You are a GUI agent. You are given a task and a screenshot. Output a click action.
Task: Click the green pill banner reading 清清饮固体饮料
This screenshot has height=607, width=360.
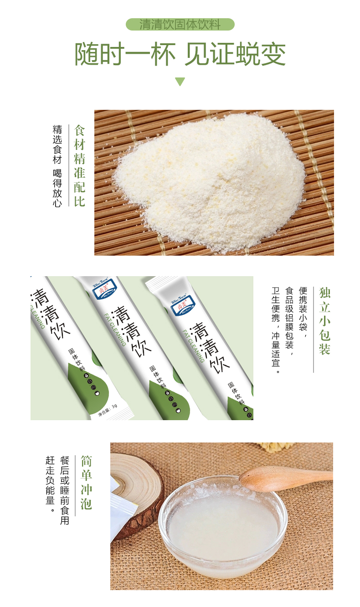[180, 24]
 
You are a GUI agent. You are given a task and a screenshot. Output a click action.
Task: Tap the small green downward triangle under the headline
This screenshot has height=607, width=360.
[180, 82]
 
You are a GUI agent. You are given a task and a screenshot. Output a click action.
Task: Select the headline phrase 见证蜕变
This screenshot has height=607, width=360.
[235, 55]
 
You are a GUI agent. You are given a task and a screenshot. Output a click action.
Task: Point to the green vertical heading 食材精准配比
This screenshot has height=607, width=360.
[80, 166]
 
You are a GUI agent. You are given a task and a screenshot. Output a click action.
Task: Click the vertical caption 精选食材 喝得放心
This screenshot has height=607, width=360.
[57, 166]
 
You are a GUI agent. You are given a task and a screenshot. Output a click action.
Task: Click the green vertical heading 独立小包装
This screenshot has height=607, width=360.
[324, 321]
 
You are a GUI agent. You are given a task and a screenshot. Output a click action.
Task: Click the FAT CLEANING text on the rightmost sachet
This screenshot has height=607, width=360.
[193, 345]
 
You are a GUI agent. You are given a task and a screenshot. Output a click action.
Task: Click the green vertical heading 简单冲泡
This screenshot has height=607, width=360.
[87, 482]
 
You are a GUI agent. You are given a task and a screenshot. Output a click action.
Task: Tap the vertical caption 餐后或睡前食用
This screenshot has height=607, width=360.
[65, 489]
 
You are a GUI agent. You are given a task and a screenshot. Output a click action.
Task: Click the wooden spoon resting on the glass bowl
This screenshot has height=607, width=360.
[283, 477]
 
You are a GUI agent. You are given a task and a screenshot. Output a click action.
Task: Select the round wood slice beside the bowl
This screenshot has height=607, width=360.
[137, 492]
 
